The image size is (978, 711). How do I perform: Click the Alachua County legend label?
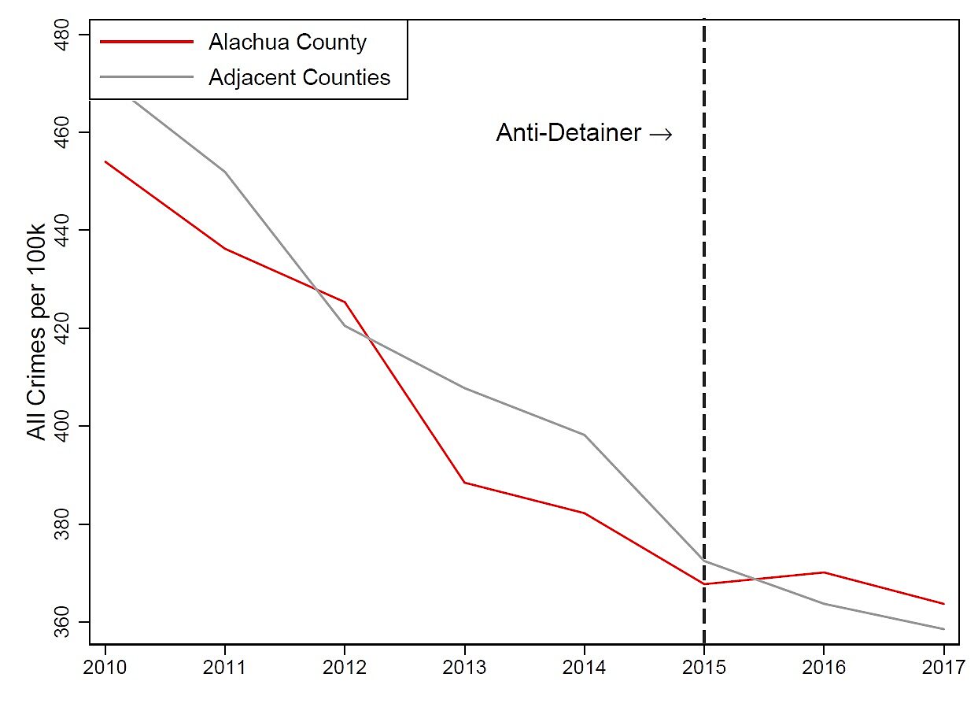click(287, 43)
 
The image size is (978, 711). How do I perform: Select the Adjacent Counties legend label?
click(299, 77)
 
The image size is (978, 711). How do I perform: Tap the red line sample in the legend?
click(146, 43)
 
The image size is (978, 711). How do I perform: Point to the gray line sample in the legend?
click(146, 77)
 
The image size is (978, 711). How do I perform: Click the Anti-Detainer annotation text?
click(568, 134)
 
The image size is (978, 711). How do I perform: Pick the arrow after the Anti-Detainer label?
click(660, 135)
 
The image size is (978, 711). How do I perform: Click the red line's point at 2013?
click(464, 483)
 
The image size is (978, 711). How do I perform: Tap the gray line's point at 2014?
click(584, 435)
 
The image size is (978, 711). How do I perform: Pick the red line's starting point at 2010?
click(105, 161)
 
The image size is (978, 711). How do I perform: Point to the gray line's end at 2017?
click(943, 629)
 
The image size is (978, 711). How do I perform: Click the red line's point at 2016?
click(823, 572)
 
